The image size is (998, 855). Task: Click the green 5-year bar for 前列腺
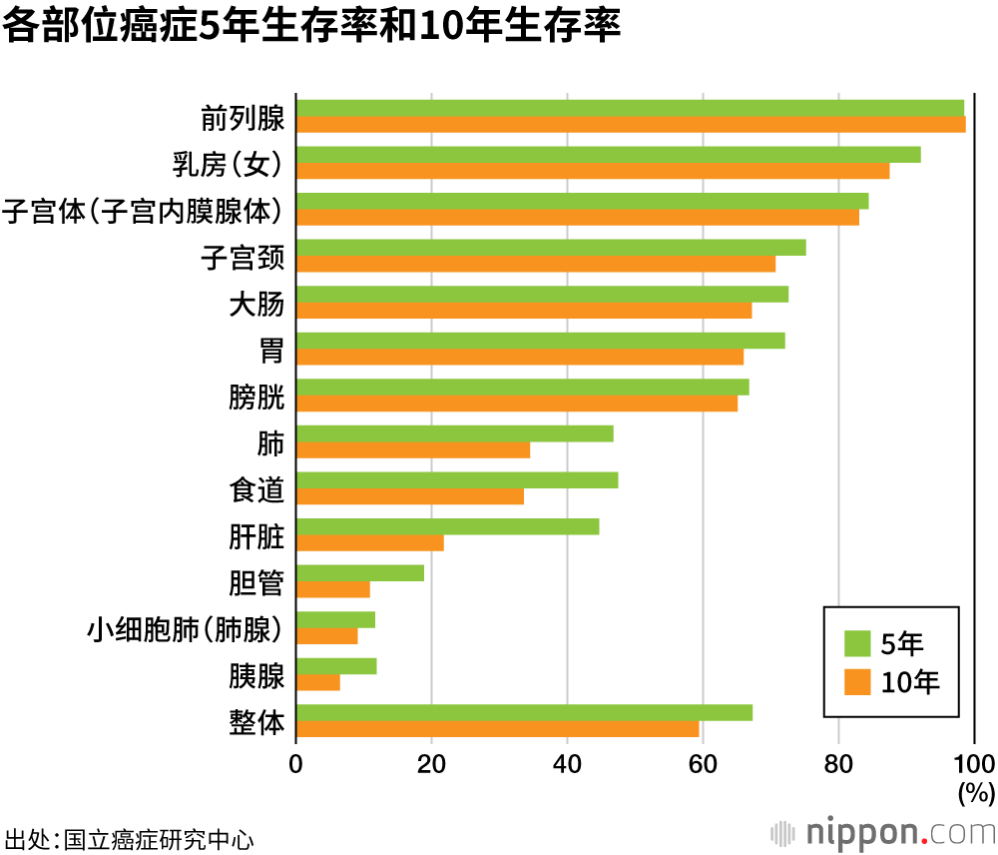point(630,108)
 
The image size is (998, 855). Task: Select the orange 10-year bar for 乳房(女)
point(593,171)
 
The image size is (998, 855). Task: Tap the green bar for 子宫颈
point(551,248)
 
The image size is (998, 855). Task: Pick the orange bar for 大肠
point(524,311)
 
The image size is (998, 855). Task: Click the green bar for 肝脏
point(447,526)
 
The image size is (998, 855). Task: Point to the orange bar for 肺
point(413,450)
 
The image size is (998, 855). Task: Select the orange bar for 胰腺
point(318,683)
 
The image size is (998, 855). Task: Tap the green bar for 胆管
point(360,573)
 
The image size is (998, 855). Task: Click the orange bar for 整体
point(497,729)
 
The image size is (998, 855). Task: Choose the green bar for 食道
point(457,480)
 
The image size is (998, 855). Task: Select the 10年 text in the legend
point(910,682)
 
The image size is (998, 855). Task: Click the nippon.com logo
point(883,831)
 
